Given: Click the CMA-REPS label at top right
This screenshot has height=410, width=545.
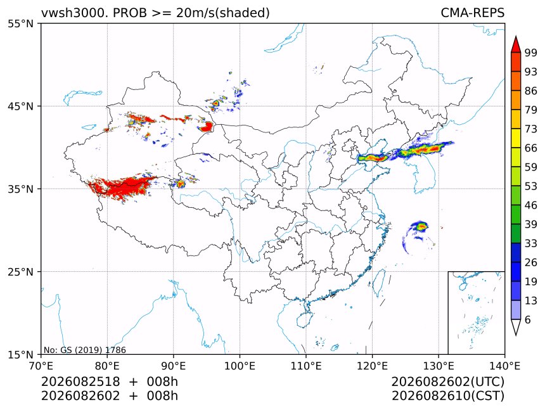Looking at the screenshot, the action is click(472, 13).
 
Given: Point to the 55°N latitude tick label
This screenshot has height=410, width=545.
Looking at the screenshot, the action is click(20, 23).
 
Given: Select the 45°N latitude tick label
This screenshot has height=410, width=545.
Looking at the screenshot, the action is click(20, 106).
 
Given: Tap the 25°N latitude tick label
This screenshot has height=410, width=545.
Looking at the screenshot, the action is click(20, 271).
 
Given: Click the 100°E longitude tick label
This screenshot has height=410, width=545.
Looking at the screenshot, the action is click(240, 366).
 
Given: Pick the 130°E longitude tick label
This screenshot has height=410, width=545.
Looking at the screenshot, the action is click(439, 366).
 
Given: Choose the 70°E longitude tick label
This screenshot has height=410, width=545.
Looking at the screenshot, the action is click(41, 366).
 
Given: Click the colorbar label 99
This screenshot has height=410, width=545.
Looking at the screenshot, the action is click(531, 53).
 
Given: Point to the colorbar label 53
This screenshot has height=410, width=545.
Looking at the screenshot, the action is click(531, 186).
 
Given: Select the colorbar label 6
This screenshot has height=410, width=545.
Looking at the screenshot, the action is click(528, 319).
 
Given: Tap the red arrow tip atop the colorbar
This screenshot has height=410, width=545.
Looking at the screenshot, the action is click(516, 36).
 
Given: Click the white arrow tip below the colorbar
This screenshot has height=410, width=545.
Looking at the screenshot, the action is click(516, 335).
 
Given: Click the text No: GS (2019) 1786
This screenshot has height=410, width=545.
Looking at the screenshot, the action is click(85, 350).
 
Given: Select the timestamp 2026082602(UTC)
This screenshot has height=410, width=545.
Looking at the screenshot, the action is click(447, 381).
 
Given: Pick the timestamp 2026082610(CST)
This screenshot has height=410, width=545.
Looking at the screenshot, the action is click(447, 396).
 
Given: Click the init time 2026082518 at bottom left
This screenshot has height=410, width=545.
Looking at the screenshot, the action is click(80, 381).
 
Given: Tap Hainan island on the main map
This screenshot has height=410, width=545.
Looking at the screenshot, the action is click(304, 319).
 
